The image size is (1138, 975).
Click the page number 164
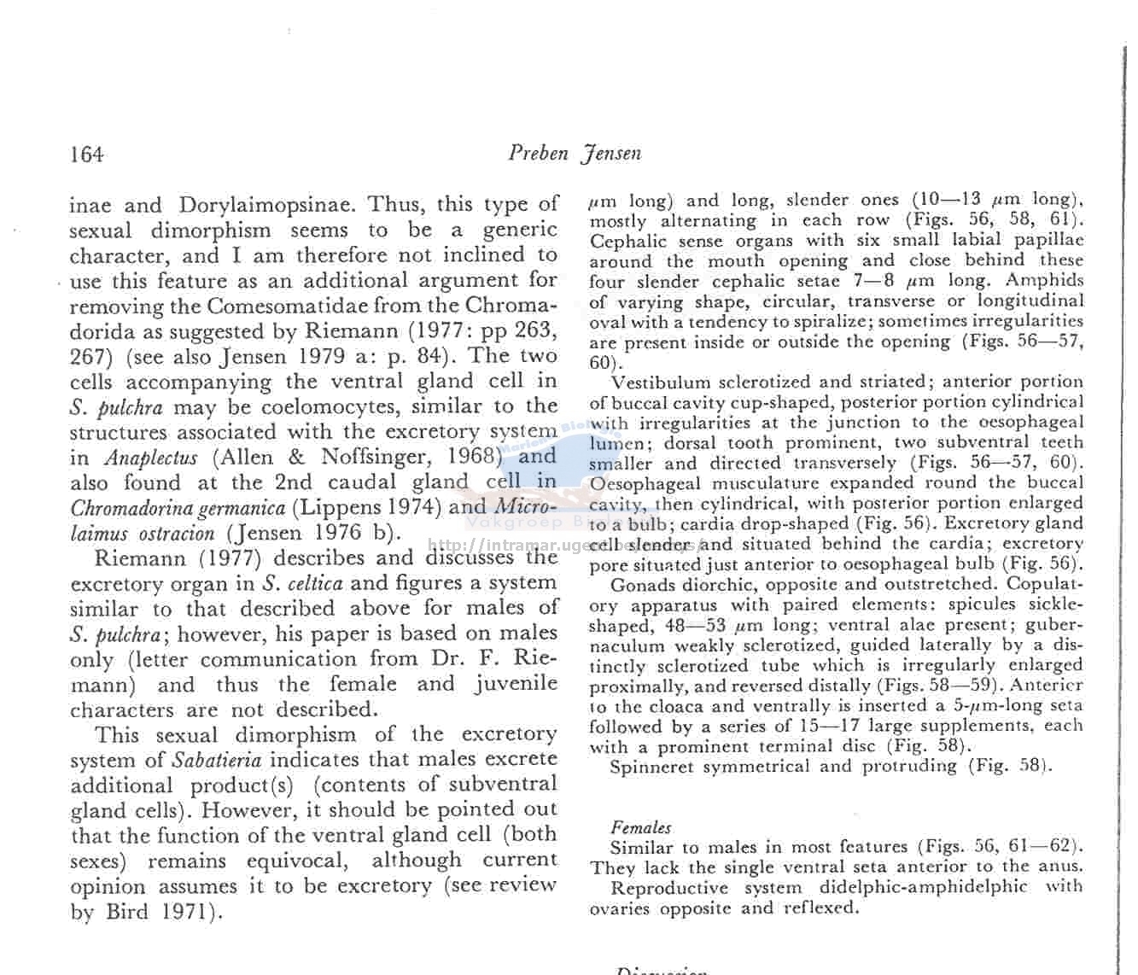[87, 155]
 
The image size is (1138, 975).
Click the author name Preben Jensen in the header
[574, 154]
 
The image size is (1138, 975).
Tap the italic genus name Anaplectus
[151, 458]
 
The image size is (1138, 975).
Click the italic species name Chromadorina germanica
[178, 508]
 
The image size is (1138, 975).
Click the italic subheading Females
[640, 826]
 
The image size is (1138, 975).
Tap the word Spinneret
[651, 766]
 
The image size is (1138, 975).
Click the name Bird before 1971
[126, 912]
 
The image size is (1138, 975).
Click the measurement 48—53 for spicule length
[697, 626]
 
